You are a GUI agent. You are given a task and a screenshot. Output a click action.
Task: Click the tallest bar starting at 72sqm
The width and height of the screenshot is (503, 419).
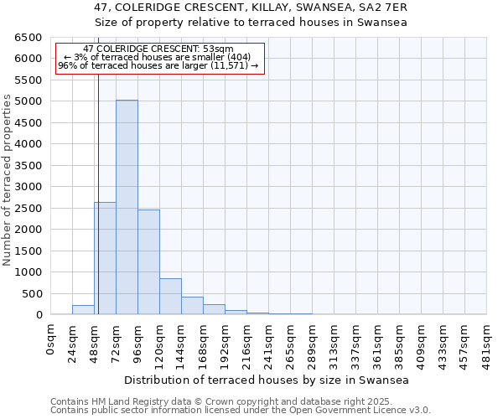[x=127, y=207]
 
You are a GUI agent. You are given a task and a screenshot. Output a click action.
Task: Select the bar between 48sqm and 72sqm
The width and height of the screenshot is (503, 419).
[x=105, y=258]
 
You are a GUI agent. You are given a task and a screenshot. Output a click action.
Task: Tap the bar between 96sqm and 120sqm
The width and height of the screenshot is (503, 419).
[x=148, y=262]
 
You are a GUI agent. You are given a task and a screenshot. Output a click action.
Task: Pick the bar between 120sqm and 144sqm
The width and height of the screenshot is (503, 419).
[x=170, y=297]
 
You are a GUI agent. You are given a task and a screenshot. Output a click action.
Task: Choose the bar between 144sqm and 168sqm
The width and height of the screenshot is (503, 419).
[x=192, y=306]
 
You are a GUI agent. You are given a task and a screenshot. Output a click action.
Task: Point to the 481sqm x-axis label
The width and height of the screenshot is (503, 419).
[x=486, y=342]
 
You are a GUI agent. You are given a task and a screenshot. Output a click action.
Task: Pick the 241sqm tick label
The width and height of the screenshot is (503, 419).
[x=268, y=342]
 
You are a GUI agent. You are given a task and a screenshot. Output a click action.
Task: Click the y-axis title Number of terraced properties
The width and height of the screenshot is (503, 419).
[x=8, y=179]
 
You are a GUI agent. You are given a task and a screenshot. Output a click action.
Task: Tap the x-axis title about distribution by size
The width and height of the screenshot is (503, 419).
[x=267, y=380]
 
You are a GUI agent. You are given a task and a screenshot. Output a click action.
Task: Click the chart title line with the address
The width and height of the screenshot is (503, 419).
[x=251, y=8]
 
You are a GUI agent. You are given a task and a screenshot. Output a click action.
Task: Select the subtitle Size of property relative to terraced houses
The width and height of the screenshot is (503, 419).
[x=251, y=23]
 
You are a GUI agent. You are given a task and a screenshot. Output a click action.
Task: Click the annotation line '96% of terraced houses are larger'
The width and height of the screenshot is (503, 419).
[x=158, y=65]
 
